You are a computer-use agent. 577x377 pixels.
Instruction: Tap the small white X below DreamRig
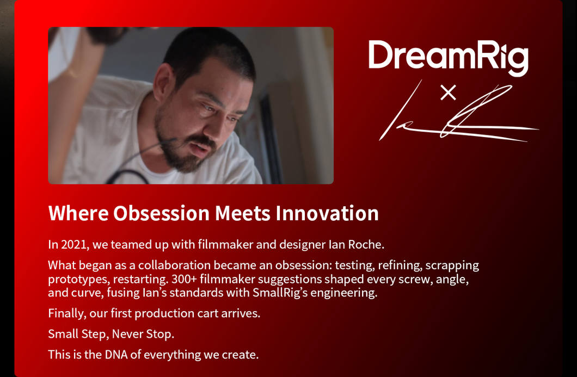(x=448, y=92)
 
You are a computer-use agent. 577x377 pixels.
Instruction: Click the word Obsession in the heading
(x=161, y=213)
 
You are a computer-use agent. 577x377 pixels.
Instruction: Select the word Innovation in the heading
(x=327, y=213)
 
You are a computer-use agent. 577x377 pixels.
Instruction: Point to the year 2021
(x=75, y=245)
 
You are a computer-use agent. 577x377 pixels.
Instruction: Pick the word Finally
(x=67, y=313)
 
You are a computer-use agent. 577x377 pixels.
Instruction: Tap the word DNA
(x=116, y=355)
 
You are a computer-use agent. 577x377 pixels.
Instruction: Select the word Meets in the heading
(x=242, y=213)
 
